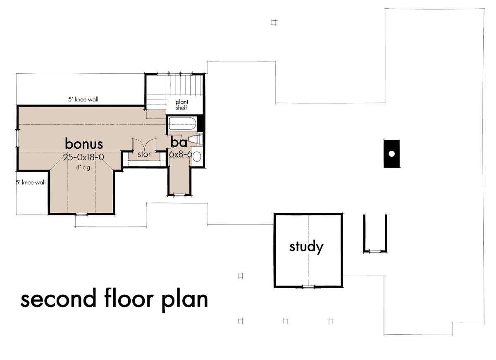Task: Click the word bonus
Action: pyautogui.click(x=84, y=144)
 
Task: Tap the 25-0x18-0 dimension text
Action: pyautogui.click(x=83, y=157)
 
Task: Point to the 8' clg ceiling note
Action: pyautogui.click(x=83, y=167)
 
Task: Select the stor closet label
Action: pyautogui.click(x=144, y=154)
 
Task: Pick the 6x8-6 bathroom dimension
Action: pyautogui.click(x=181, y=154)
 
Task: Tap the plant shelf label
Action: pyautogui.click(x=182, y=105)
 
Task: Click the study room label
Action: pyautogui.click(x=306, y=247)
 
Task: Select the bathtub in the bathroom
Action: pyautogui.click(x=182, y=124)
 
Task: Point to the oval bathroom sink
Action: pyautogui.click(x=197, y=157)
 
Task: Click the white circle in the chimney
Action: pyautogui.click(x=391, y=154)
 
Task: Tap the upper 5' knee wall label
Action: pyautogui.click(x=83, y=100)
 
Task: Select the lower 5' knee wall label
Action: pyautogui.click(x=31, y=182)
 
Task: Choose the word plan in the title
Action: pyautogui.click(x=185, y=300)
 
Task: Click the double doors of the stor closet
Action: pyautogui.click(x=144, y=145)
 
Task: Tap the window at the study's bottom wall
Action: pyautogui.click(x=308, y=287)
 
